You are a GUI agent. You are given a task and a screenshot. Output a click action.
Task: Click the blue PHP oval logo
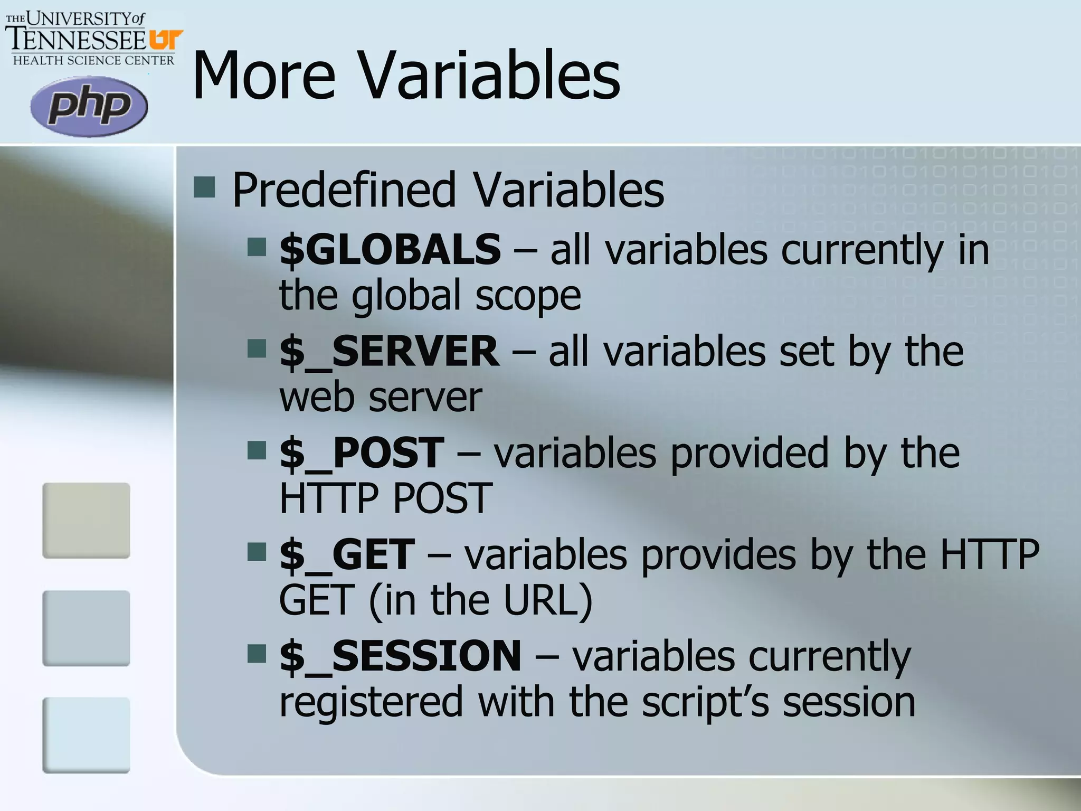(x=89, y=107)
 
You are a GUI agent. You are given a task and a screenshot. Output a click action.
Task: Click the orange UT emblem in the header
(x=165, y=40)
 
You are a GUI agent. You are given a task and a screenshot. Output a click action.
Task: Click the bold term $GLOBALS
(x=390, y=249)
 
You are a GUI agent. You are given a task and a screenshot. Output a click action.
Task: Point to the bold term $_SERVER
(x=389, y=351)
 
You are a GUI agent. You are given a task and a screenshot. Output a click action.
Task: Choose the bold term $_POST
(x=362, y=452)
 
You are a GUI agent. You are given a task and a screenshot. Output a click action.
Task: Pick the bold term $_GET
(x=347, y=554)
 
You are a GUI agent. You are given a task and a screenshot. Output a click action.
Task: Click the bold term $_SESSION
(x=400, y=656)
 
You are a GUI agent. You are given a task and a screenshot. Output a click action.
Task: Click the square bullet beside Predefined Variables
(x=204, y=187)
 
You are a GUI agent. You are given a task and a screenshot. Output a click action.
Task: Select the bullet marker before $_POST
(x=257, y=450)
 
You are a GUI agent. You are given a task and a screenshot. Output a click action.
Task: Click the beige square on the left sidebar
(x=86, y=520)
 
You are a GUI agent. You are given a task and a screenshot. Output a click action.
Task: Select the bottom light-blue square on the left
(x=86, y=735)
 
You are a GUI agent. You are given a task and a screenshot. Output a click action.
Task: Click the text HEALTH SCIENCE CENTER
(x=93, y=60)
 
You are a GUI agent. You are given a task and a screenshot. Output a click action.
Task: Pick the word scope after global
(x=528, y=296)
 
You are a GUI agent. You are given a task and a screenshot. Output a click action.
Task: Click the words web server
(x=381, y=397)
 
